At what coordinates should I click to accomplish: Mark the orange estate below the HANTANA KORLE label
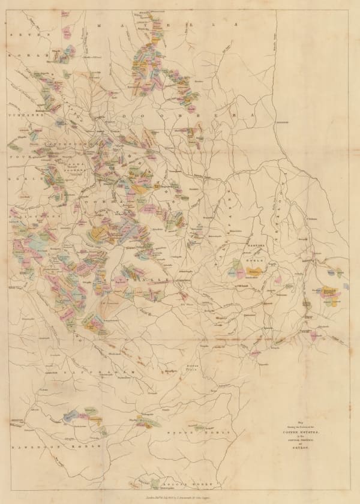tap(256, 271)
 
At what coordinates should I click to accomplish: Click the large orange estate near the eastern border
tap(329, 292)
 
